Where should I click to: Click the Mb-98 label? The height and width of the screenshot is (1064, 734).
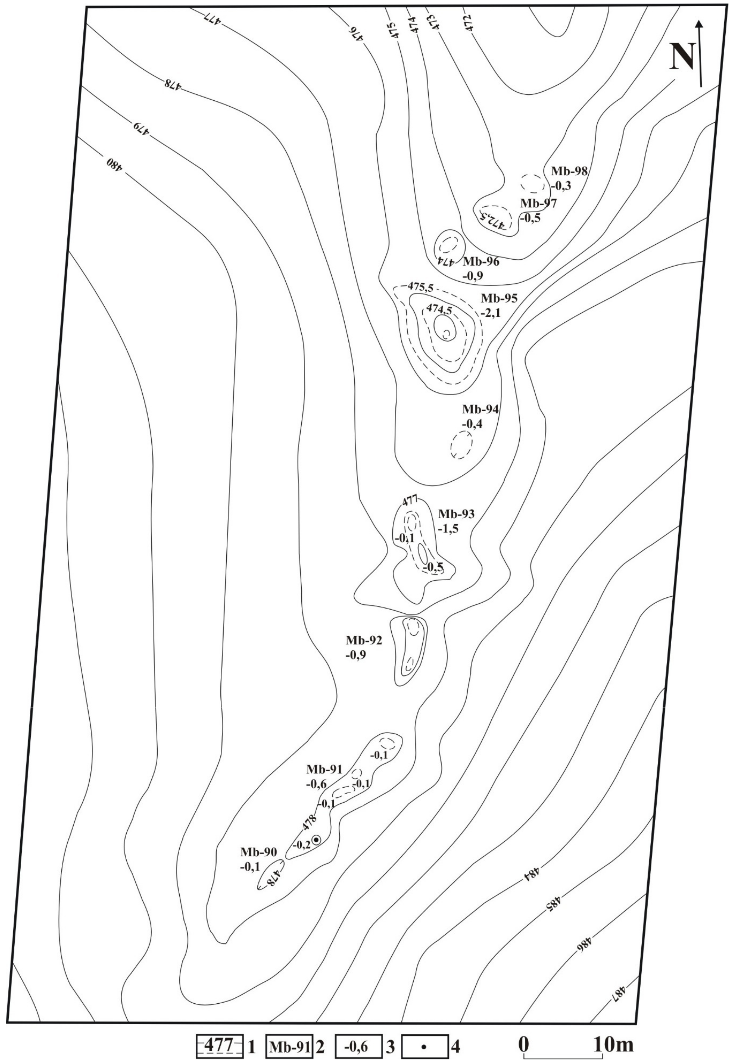click(569, 171)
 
